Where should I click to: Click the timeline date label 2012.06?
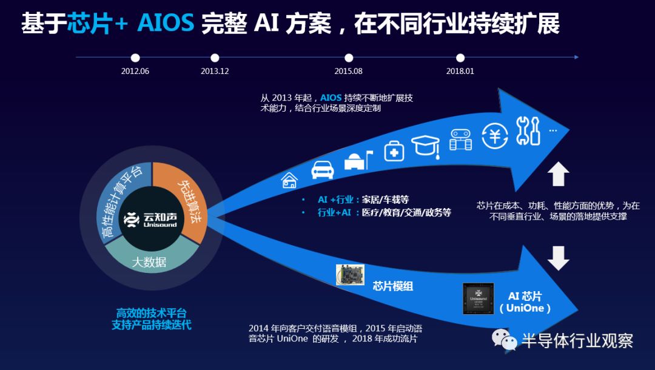(135, 71)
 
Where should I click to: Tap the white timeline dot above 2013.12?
(215, 58)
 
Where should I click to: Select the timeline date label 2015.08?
(348, 71)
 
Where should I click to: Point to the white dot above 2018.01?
(460, 58)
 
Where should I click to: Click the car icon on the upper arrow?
(323, 170)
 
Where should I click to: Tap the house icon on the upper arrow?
(289, 180)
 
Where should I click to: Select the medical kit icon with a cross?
(394, 151)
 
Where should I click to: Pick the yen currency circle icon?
(495, 136)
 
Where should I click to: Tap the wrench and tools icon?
(528, 131)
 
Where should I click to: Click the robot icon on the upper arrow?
(460, 140)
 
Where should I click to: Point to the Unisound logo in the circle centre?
(150, 219)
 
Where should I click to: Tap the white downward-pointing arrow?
(558, 258)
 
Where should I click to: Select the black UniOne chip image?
(479, 298)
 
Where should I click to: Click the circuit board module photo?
(350, 275)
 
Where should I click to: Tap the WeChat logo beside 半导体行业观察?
(504, 340)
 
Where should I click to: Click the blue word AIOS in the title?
(166, 23)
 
